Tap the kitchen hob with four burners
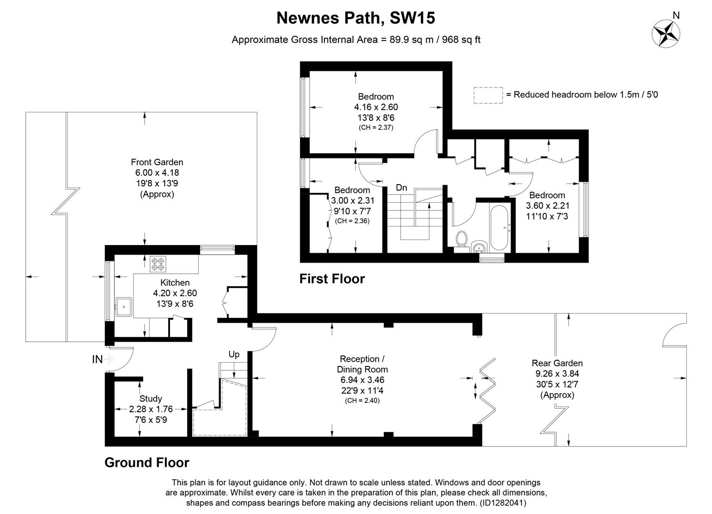[157, 264]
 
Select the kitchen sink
[124, 307]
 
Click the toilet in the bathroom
[461, 239]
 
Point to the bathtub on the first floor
[499, 228]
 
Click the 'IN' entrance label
[97, 360]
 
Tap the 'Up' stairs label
[234, 355]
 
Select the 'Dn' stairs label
[401, 188]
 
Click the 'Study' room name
[150, 399]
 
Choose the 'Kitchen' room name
[175, 283]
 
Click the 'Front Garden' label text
[157, 162]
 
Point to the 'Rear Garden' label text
[557, 364]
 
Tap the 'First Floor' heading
[332, 279]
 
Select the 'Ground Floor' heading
[147, 463]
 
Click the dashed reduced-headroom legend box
[488, 95]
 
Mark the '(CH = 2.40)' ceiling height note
[362, 401]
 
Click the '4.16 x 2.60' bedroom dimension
[376, 107]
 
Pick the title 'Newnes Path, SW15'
[356, 18]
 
